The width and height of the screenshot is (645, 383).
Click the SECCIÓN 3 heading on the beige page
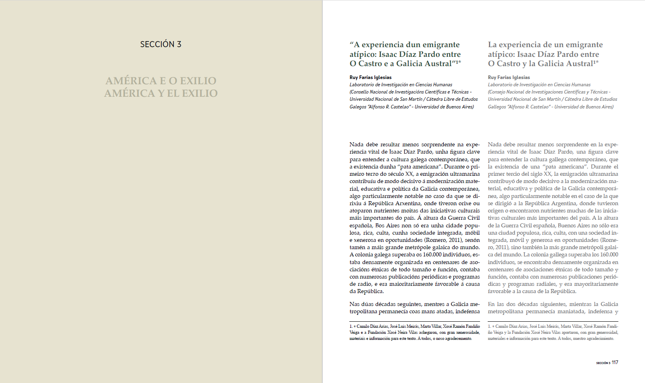click(x=161, y=44)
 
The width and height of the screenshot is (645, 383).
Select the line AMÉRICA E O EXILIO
click(x=161, y=81)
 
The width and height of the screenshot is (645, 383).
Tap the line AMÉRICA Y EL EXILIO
click(x=161, y=93)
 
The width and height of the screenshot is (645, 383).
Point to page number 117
click(x=615, y=362)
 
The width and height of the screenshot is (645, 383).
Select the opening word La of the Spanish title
click(x=492, y=45)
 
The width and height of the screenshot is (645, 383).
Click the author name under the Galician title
click(x=370, y=77)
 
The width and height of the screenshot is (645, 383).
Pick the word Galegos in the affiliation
click(x=358, y=107)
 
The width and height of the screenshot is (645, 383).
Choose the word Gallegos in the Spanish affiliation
click(x=497, y=107)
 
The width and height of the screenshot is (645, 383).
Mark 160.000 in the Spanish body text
click(x=609, y=255)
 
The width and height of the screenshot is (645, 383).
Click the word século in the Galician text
click(x=396, y=174)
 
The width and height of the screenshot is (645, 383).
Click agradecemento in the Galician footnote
click(x=458, y=339)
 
